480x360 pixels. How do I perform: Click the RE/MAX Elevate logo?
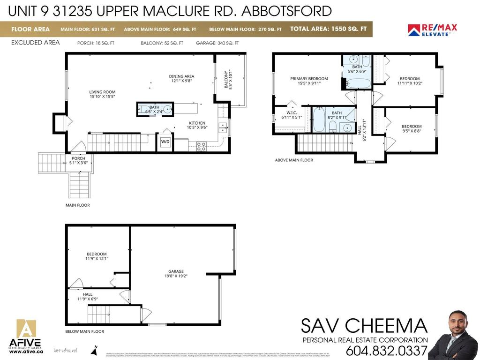click(432, 30)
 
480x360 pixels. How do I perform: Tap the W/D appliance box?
click(165, 142)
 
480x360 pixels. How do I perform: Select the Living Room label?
click(102, 94)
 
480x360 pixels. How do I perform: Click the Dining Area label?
click(182, 78)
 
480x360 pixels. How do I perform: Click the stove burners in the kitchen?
click(201, 146)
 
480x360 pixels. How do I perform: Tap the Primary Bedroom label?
click(309, 81)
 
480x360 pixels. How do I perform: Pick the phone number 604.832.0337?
click(387, 351)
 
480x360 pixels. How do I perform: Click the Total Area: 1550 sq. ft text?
click(328, 29)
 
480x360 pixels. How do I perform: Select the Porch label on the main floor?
click(78, 160)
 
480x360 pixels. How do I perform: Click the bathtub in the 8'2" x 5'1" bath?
click(318, 120)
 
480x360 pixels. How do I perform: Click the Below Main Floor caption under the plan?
click(84, 331)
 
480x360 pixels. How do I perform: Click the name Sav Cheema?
click(364, 326)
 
